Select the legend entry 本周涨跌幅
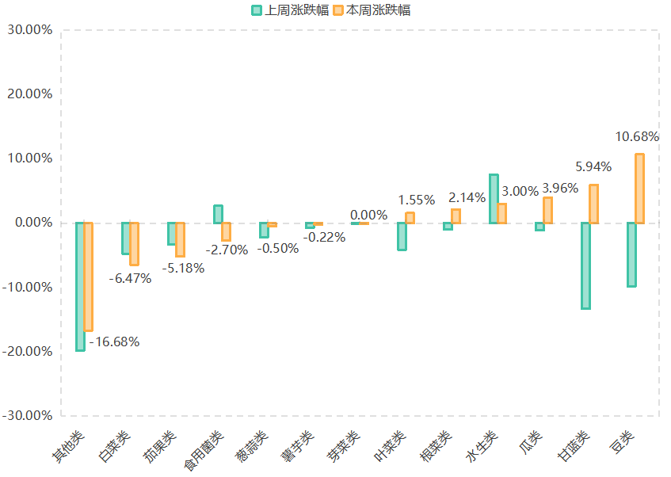(x=372, y=10)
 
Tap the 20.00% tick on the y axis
(x=29, y=94)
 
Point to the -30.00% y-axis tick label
(x=28, y=415)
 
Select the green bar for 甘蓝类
(x=585, y=265)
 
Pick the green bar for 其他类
(x=80, y=286)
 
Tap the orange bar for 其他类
(x=89, y=277)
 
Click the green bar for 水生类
(x=494, y=199)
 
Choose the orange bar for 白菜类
(x=135, y=243)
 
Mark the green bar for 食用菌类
(x=218, y=214)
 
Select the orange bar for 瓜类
(x=547, y=210)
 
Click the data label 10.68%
(x=637, y=137)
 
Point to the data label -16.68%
(x=114, y=342)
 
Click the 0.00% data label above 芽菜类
(x=368, y=215)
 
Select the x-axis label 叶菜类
(x=391, y=448)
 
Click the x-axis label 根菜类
(x=437, y=448)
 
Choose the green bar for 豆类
(x=631, y=254)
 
